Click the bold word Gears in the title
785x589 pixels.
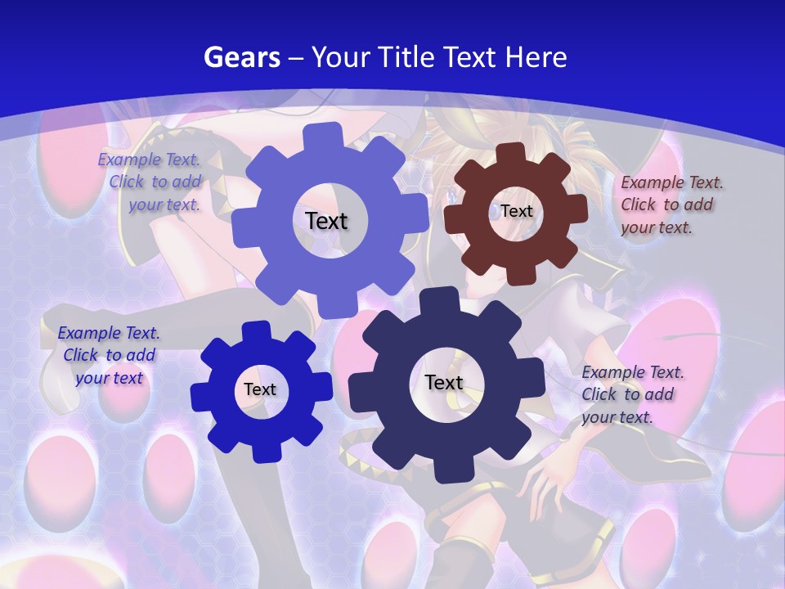coord(242,57)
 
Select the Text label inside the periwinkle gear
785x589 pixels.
coord(326,221)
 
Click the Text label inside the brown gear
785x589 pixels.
coord(516,211)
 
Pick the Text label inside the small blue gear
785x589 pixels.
coord(259,389)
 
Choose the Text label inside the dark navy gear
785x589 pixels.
coord(444,382)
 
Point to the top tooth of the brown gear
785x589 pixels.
coord(510,154)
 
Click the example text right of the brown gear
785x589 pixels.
coord(671,205)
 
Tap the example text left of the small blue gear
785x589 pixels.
coord(110,355)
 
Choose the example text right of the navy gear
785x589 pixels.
coord(631,394)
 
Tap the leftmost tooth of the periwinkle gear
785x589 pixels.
coord(242,230)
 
